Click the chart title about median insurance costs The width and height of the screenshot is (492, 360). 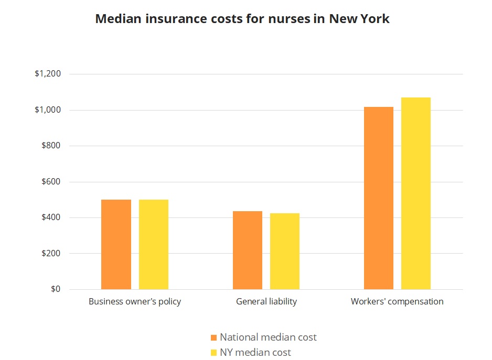242,19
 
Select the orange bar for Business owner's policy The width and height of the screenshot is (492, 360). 116,244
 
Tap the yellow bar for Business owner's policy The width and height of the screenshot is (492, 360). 154,244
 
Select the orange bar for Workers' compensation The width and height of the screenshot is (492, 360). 379,198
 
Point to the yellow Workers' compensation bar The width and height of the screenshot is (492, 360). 416,193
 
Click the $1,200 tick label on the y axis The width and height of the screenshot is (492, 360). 48,74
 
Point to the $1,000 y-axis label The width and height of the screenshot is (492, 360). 48,110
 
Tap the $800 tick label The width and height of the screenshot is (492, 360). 51,146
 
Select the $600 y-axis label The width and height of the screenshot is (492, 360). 51,182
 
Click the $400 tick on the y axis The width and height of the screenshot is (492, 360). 51,217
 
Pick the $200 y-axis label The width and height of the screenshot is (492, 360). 51,254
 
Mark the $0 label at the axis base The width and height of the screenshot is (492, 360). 56,289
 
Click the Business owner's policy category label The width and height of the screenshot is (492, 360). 135,302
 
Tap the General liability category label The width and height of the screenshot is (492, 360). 266,302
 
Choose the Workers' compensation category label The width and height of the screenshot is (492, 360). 397,302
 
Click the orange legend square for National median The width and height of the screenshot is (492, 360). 213,337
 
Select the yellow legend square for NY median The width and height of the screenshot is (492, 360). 213,353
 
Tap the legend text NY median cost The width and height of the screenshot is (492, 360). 255,353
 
